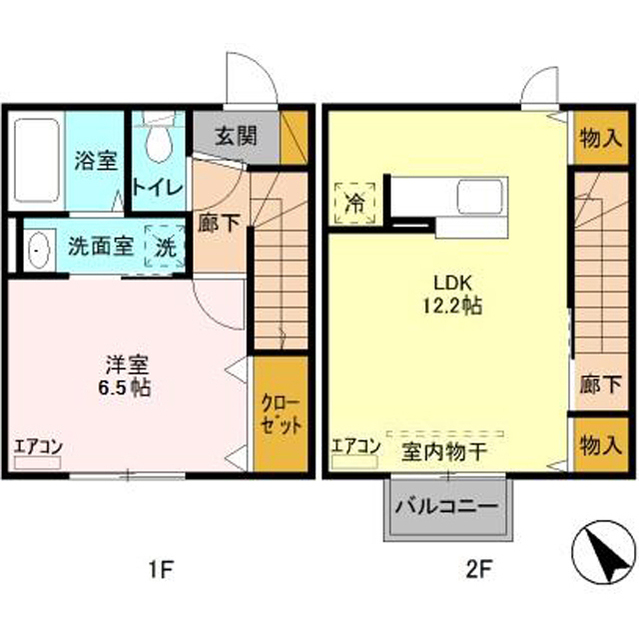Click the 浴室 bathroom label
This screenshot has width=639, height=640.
[x=96, y=160]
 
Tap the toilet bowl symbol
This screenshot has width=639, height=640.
[x=158, y=142]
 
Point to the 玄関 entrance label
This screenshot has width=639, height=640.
[x=235, y=136]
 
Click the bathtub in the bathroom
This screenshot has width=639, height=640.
[x=37, y=160]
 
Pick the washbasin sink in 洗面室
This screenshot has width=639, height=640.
[x=39, y=250]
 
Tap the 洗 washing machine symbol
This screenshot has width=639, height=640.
[x=166, y=246]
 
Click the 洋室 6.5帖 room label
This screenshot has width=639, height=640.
[x=124, y=376]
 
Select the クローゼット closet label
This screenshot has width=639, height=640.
[x=281, y=414]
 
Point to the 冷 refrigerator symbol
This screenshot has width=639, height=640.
[x=355, y=203]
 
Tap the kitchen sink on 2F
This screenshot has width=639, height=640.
[x=479, y=197]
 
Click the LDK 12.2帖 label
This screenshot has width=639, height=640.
[x=452, y=294]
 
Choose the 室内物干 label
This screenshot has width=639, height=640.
[x=444, y=452]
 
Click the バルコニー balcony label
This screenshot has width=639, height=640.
[x=448, y=507]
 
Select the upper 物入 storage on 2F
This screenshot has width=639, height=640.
[x=601, y=138]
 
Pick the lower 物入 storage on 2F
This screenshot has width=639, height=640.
[x=601, y=445]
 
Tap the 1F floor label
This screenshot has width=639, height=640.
[x=162, y=569]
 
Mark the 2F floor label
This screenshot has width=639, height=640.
[x=478, y=569]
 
